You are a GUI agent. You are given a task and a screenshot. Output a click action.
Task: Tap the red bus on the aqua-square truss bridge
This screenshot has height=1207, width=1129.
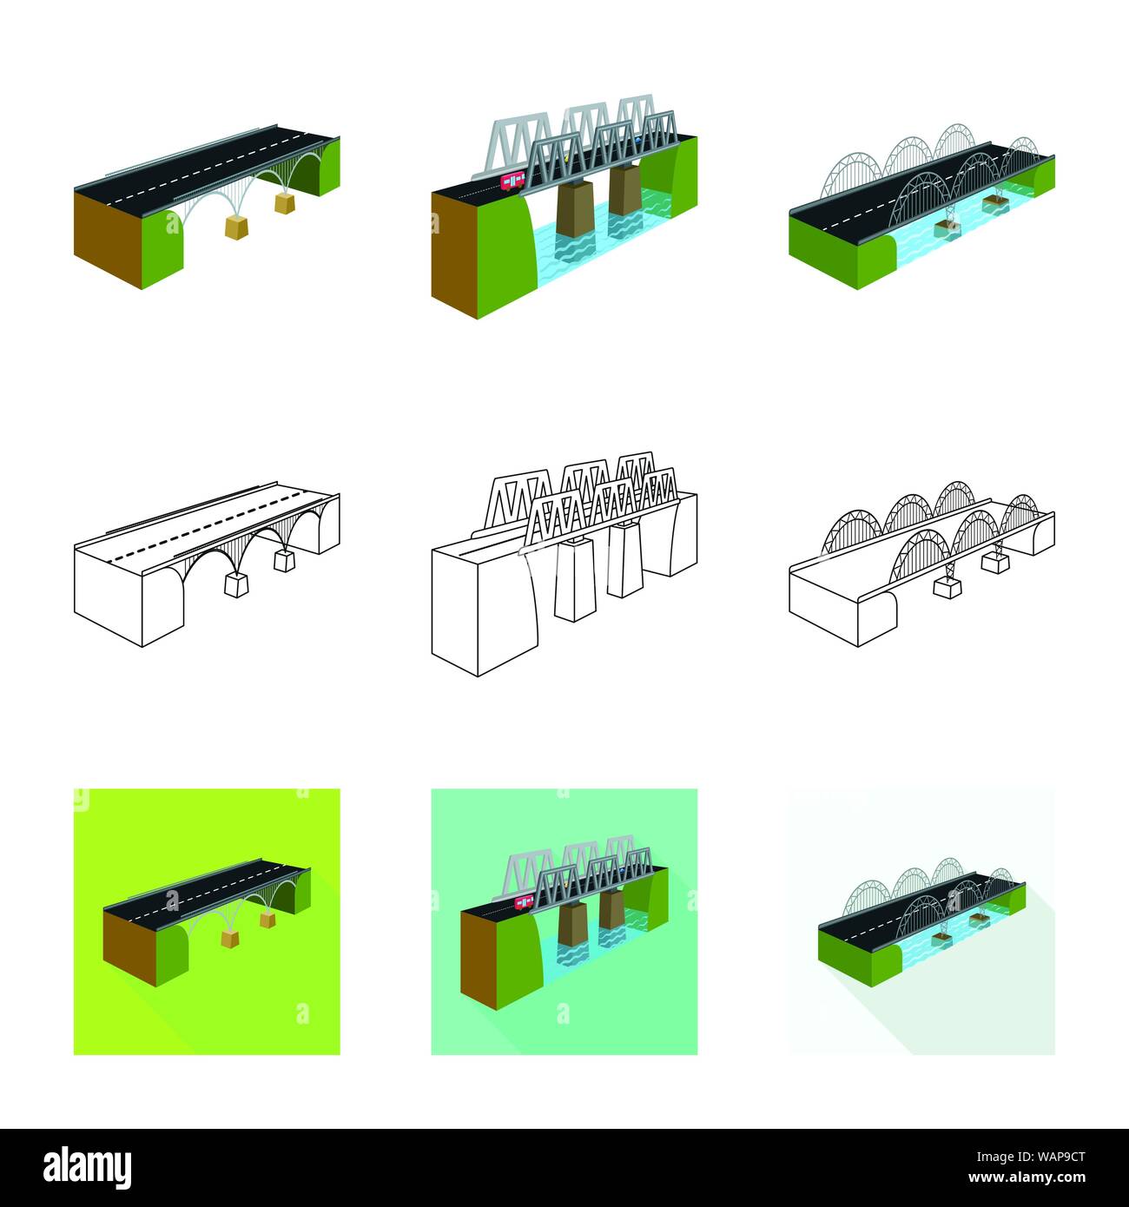(524, 901)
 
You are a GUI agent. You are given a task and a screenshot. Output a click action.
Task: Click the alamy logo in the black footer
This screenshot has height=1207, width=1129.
(87, 1168)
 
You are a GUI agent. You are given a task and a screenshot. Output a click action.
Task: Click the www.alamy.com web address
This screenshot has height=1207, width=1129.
(1027, 1177)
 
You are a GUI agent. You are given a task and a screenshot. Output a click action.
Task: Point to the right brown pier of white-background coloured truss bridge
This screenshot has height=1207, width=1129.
(624, 190)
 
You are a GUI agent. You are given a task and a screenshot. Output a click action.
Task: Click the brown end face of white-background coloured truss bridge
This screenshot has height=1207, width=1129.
(454, 255)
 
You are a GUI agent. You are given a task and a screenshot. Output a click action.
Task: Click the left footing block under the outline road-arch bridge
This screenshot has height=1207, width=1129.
(236, 584)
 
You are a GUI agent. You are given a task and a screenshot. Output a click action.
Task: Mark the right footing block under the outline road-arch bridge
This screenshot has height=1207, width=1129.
(284, 560)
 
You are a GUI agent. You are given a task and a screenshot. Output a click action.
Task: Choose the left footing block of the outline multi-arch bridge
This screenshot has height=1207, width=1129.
(947, 589)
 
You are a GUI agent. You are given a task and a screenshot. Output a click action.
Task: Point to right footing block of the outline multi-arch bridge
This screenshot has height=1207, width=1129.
(995, 563)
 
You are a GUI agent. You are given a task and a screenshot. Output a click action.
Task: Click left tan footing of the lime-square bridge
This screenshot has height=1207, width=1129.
(230, 939)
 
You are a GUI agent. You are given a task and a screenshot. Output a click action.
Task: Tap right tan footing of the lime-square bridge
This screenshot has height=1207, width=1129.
(267, 920)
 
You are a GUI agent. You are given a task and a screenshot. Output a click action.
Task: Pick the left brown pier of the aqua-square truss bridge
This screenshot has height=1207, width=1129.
(573, 923)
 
